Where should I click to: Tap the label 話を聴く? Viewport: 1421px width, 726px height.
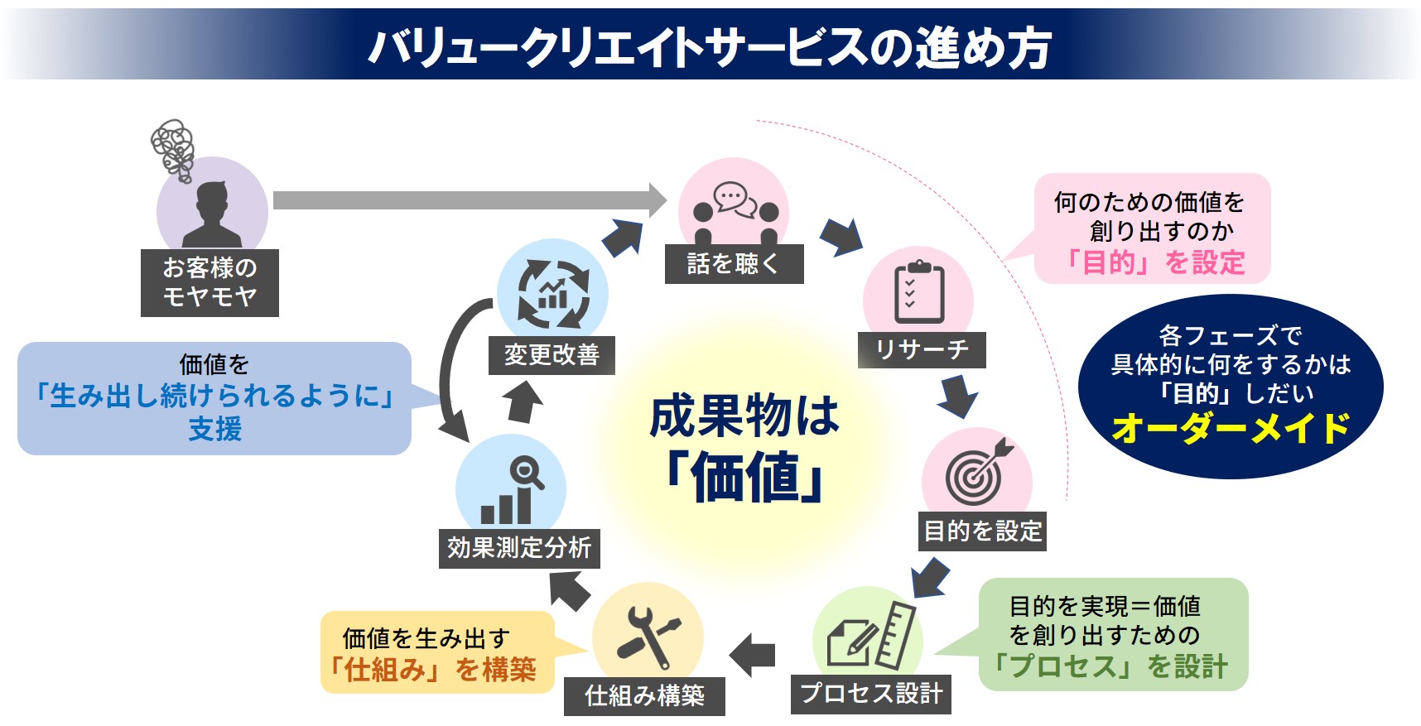pos(734,264)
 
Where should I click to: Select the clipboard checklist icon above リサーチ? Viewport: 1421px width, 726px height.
pos(919,292)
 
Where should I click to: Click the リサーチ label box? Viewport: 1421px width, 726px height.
pos(922,350)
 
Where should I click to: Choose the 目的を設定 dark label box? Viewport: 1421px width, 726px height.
pos(982,531)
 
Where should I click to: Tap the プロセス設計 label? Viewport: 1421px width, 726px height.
pos(871,694)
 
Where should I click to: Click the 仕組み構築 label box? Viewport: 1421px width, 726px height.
pos(644,696)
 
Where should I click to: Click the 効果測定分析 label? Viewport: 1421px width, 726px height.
pos(519,548)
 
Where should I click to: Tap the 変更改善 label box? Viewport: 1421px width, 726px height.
pos(552,355)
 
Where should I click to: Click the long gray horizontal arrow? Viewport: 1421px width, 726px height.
pos(468,200)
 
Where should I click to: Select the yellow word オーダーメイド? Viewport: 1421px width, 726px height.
pos(1231,429)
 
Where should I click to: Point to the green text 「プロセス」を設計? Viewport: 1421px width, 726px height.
pos(1110,666)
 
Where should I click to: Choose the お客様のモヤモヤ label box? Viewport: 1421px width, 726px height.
pos(210,282)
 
